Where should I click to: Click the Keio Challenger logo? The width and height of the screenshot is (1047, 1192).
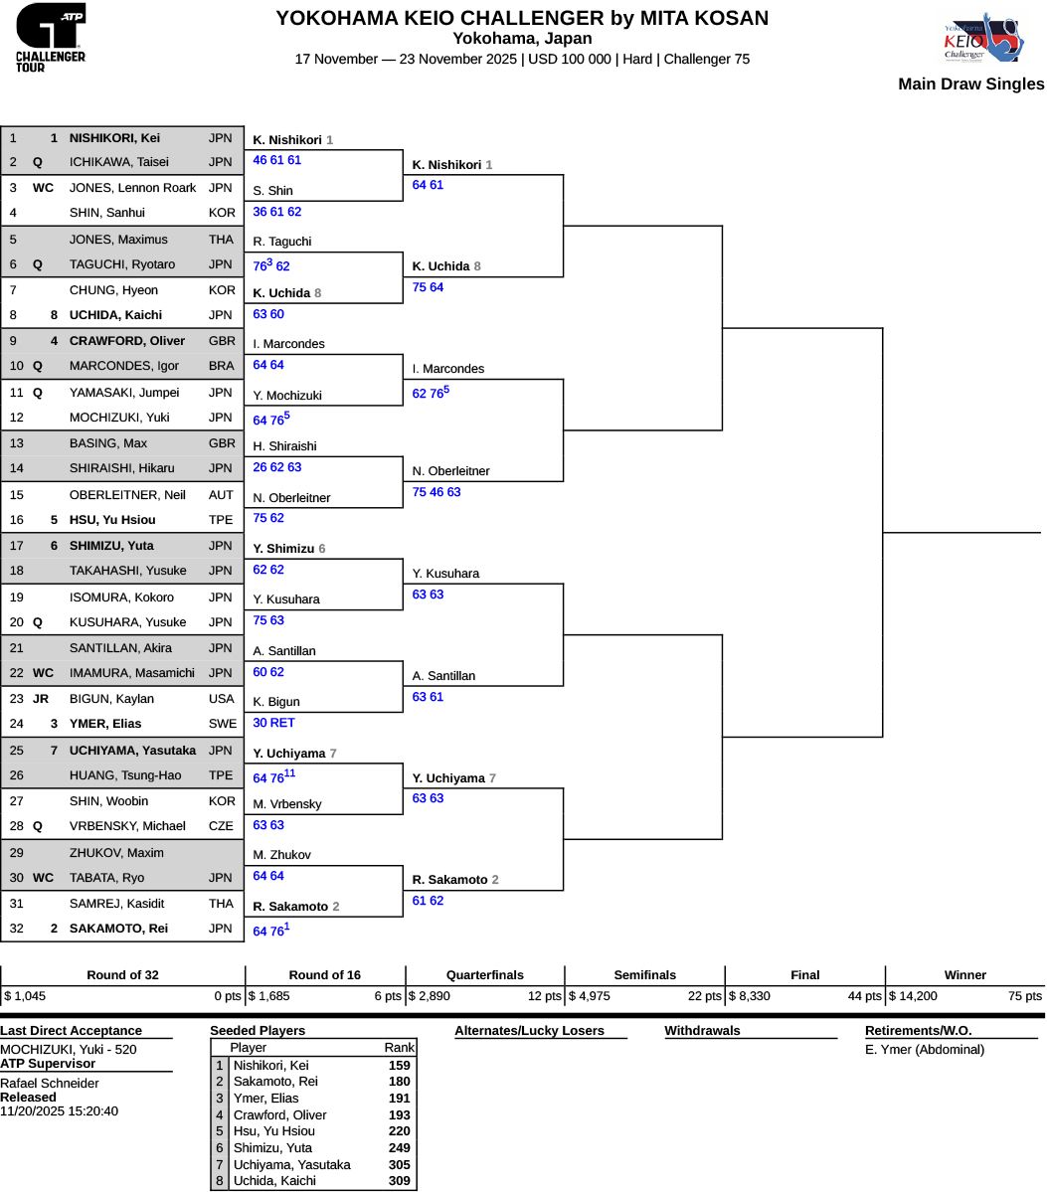[979, 38]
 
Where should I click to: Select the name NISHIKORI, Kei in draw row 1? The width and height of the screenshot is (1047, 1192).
[114, 138]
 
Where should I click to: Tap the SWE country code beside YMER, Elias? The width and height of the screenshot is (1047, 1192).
[222, 724]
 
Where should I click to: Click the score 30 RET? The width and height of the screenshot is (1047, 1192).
[273, 723]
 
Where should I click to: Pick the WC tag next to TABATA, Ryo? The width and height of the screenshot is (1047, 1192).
[43, 878]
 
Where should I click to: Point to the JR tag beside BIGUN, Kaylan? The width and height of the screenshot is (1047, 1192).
[41, 699]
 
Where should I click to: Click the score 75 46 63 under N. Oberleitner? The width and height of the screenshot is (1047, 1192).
[436, 492]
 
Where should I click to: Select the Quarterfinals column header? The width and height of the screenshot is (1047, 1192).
[484, 975]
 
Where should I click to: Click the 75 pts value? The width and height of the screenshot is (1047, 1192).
[1024, 995]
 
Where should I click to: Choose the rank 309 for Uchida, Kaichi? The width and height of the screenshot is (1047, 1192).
[399, 1181]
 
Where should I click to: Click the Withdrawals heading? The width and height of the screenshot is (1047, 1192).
[702, 1031]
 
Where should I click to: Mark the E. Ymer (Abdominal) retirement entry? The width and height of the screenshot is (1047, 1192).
[925, 1049]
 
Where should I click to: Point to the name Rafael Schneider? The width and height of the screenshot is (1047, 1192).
[50, 1083]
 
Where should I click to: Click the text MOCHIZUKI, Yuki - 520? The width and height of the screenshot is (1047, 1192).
[69, 1049]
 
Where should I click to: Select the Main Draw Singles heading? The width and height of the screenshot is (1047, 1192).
[970, 85]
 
